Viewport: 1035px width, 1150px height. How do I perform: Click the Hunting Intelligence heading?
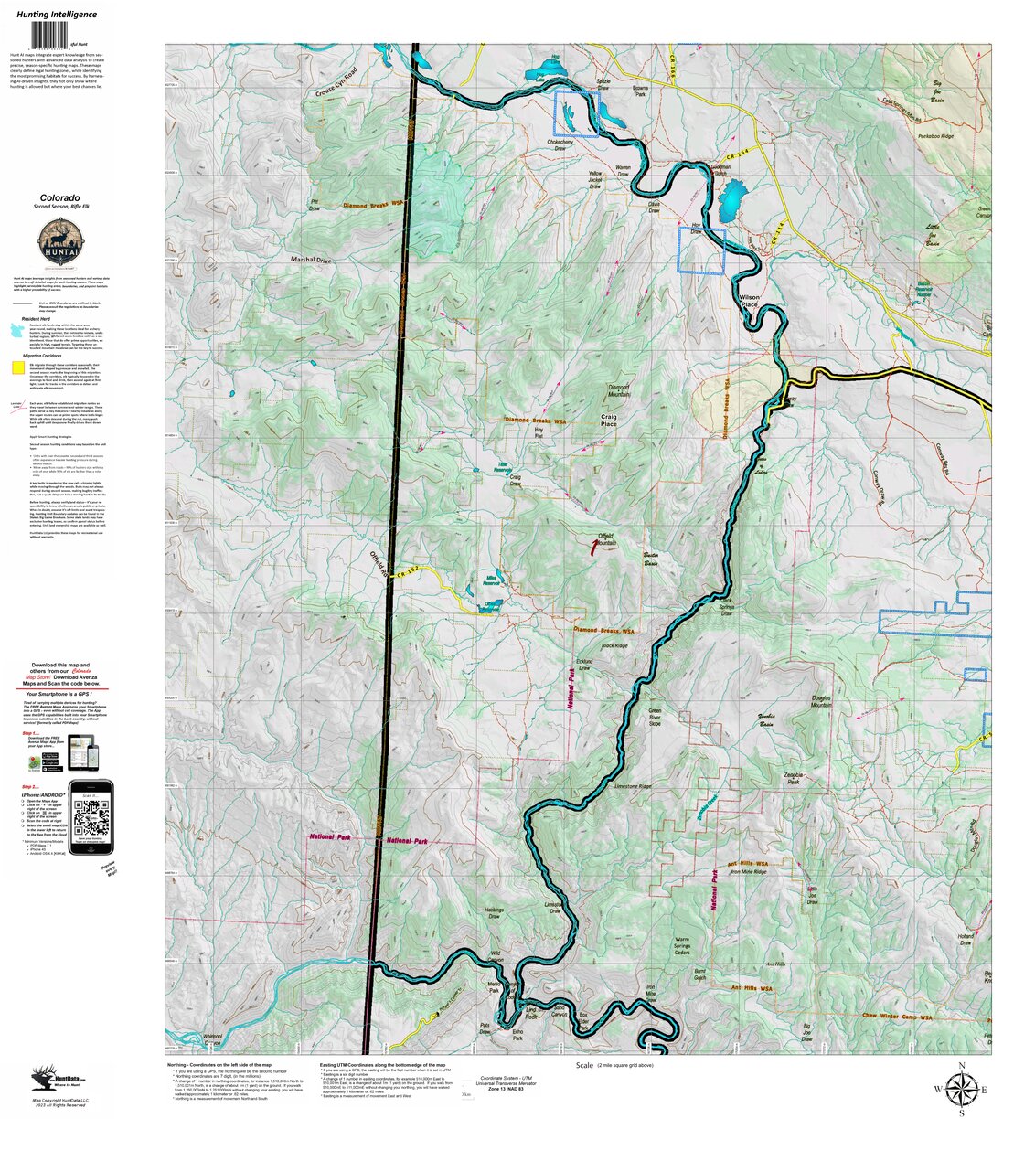click(x=56, y=14)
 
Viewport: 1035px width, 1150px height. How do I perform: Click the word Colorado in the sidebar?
click(x=59, y=197)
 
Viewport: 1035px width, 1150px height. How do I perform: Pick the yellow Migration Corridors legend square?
click(x=17, y=367)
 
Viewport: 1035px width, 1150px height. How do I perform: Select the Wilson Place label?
click(x=749, y=301)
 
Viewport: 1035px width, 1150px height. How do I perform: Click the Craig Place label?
click(x=608, y=421)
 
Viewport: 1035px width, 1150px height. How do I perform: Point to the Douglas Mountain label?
click(x=821, y=701)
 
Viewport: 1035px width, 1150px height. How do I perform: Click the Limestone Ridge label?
click(x=633, y=786)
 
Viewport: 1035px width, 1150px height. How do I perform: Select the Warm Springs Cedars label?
click(x=682, y=946)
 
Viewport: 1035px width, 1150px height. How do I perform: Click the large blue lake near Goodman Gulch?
click(x=732, y=201)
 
